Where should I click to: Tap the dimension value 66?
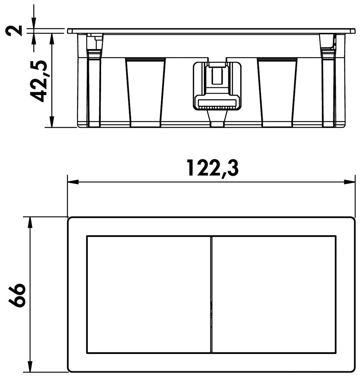(17, 295)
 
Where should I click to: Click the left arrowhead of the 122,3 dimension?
(73, 182)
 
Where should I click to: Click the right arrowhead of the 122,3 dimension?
(350, 182)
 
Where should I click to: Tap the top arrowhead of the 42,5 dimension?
(51, 39)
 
